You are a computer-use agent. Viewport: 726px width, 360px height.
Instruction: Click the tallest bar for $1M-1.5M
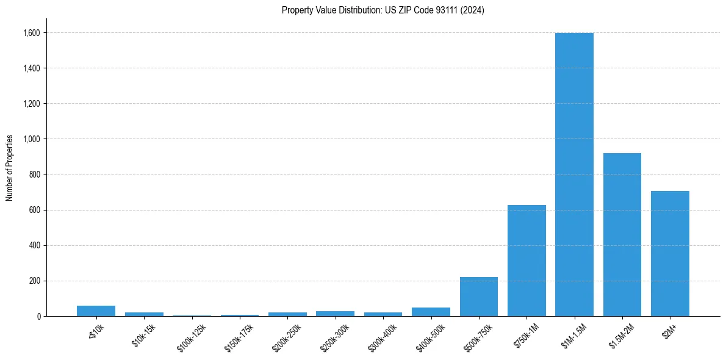574,175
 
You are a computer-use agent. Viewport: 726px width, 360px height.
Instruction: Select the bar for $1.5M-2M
622,235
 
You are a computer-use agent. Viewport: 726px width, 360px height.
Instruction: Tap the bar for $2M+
670,254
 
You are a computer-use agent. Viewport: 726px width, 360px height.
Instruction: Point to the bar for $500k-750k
479,297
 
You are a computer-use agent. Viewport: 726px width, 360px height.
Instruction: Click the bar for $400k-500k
431,312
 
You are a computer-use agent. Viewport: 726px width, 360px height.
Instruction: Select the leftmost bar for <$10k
96,311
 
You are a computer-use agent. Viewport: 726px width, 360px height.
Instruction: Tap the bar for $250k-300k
335,314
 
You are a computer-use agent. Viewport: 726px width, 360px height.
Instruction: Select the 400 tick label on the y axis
35,246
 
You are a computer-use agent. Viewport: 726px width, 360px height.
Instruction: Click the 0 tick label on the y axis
38,317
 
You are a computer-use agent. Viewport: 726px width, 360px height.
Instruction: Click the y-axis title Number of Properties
9,167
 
